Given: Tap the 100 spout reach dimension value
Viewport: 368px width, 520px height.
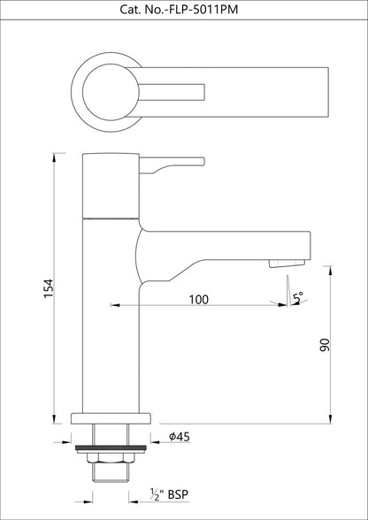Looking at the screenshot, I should (199, 301).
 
